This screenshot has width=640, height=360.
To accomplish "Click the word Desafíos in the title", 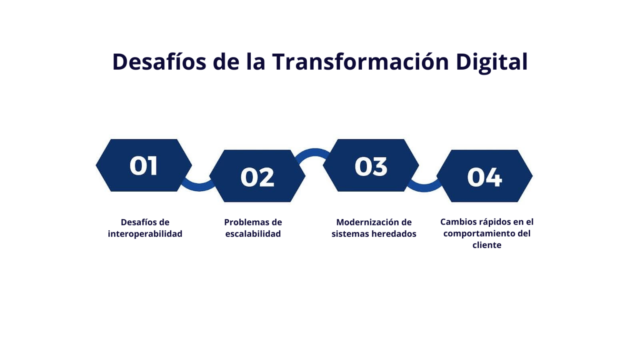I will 159,62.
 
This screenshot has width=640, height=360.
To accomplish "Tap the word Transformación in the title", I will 360,62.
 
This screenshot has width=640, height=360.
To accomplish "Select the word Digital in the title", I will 491,62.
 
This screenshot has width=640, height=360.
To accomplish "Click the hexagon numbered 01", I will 144,165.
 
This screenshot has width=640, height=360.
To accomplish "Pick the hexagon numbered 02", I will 257,176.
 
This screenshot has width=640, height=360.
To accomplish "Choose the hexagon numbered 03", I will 371,165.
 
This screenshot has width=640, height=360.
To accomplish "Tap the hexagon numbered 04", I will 484,176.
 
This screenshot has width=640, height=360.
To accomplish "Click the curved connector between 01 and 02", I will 198,187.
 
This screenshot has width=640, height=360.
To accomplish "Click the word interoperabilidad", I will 145,234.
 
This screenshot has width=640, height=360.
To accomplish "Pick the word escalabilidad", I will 253,234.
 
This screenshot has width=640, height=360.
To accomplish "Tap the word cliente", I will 487,245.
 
